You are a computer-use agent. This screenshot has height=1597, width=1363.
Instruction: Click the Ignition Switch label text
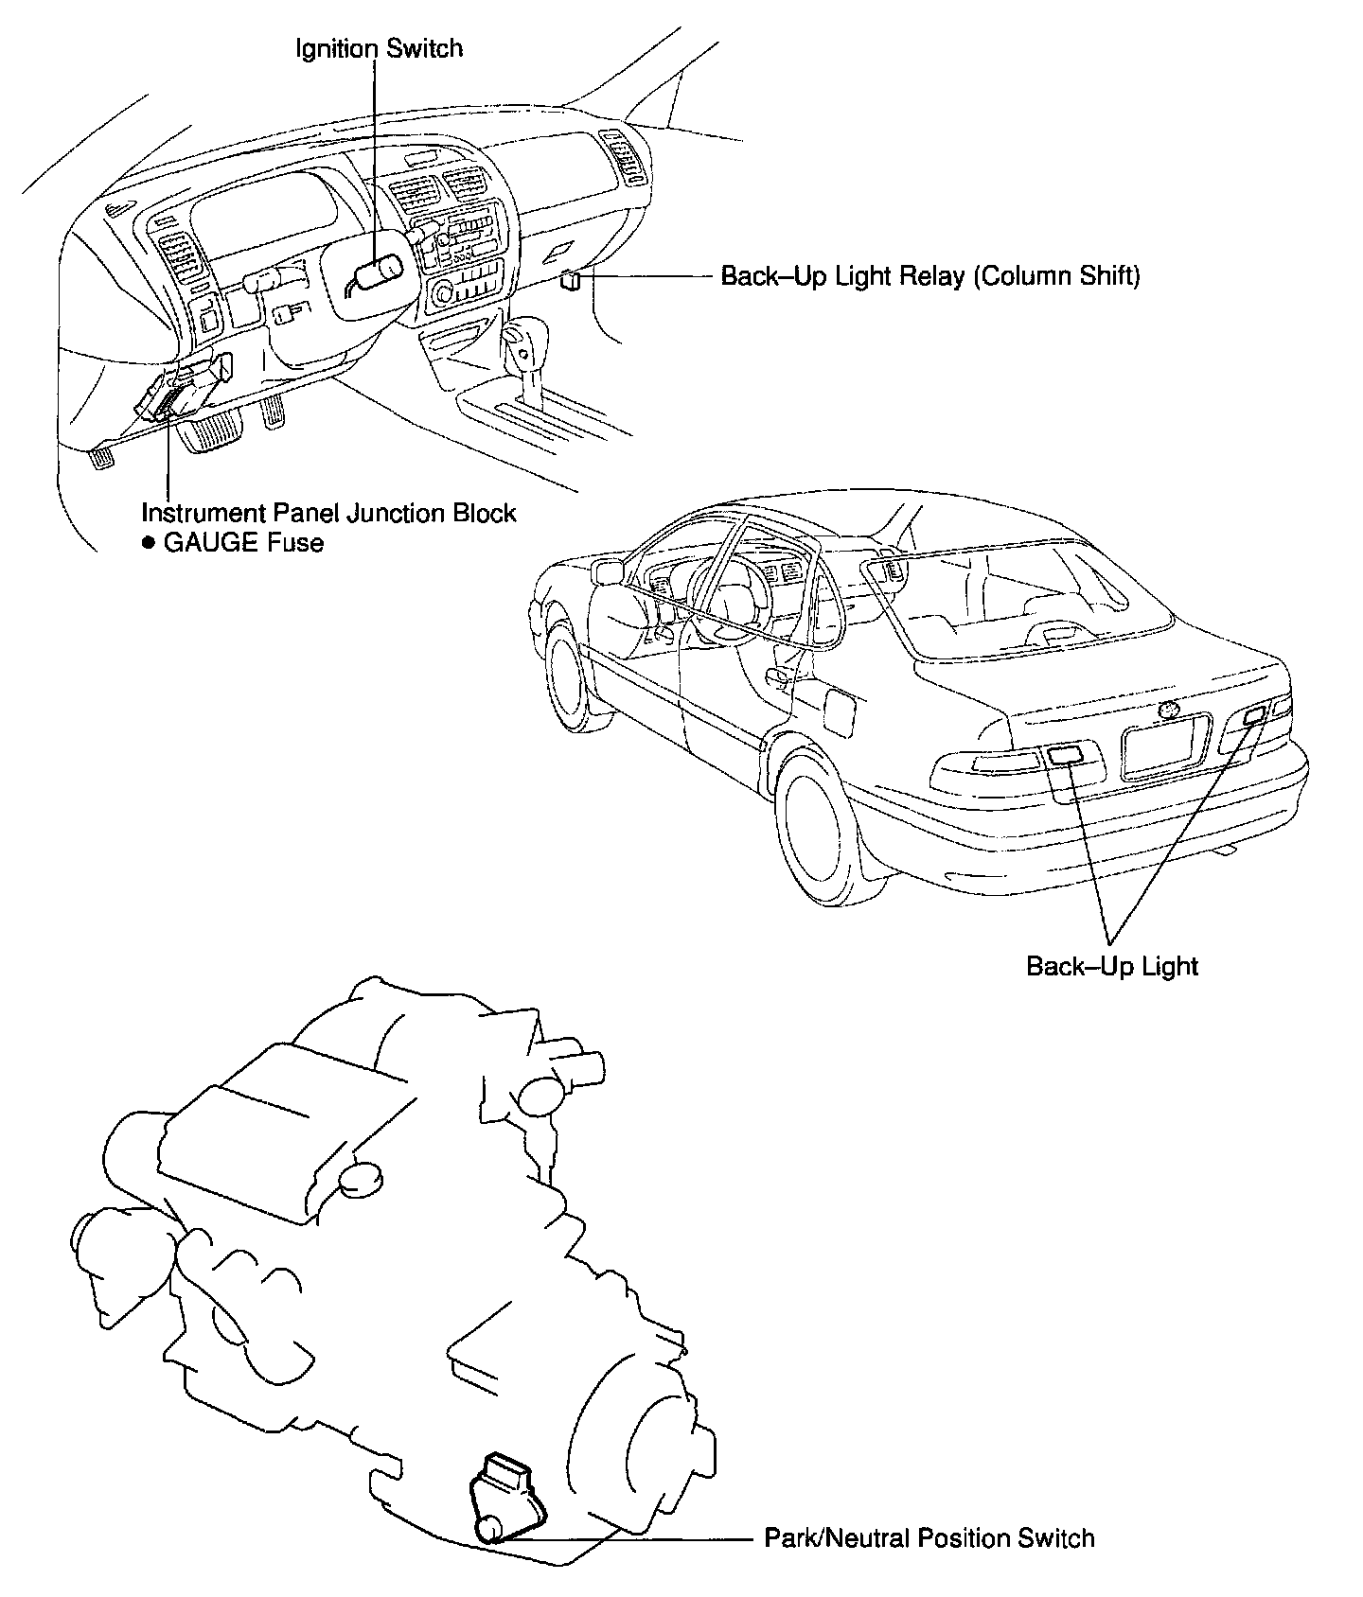[380, 48]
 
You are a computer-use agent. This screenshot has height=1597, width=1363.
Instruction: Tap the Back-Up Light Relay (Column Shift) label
[930, 276]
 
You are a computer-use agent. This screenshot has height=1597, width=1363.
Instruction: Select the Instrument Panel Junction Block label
[328, 513]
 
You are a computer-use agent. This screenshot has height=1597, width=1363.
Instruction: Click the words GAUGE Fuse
[243, 543]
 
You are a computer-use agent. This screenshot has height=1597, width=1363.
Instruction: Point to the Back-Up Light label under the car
[1112, 967]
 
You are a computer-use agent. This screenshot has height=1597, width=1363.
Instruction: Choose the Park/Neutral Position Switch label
[929, 1538]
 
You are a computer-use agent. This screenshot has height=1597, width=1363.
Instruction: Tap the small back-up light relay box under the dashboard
[571, 280]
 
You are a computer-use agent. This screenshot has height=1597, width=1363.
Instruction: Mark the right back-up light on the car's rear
[1253, 718]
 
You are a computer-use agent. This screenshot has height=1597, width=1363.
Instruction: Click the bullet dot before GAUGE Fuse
[148, 544]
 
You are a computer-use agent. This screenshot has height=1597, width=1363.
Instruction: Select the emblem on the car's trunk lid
[1171, 709]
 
